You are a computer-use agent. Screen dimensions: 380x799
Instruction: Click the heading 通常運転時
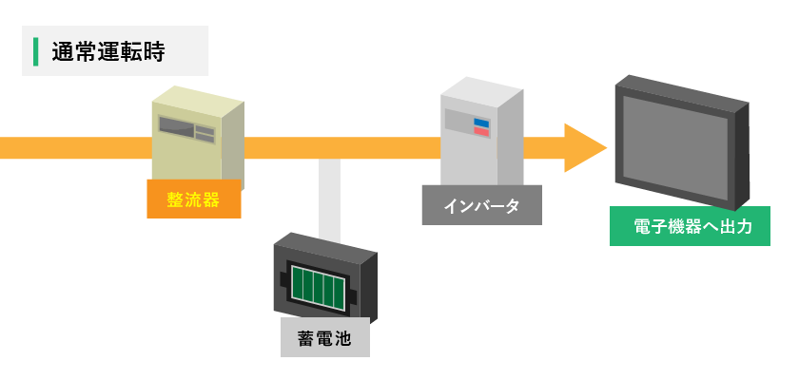[x=108, y=52]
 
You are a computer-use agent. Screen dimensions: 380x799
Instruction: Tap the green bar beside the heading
[x=35, y=52]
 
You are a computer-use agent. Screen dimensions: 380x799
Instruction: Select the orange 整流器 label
[x=194, y=199]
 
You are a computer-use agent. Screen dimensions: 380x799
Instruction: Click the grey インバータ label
[x=481, y=205]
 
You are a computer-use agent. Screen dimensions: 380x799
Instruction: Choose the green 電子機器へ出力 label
[x=690, y=227]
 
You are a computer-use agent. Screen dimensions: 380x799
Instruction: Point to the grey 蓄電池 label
[x=324, y=337]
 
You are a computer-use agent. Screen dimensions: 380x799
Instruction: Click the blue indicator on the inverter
[x=481, y=122]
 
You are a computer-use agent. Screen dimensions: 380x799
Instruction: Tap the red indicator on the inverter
[x=481, y=132]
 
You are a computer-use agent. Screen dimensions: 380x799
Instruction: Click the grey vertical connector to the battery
[x=330, y=195]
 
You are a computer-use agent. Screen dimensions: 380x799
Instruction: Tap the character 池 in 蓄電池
[x=342, y=337]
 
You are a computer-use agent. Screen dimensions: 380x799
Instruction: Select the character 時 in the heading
[x=154, y=52]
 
